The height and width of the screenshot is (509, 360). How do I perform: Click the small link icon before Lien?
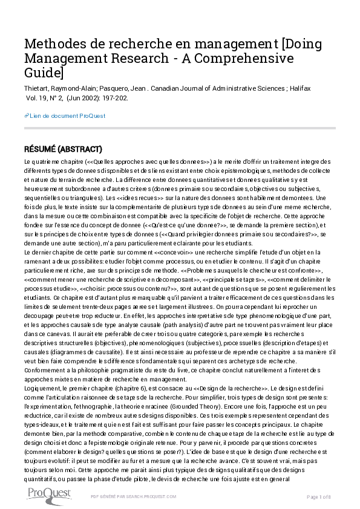27,115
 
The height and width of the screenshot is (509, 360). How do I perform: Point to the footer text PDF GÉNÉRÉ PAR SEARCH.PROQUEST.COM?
133,496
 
